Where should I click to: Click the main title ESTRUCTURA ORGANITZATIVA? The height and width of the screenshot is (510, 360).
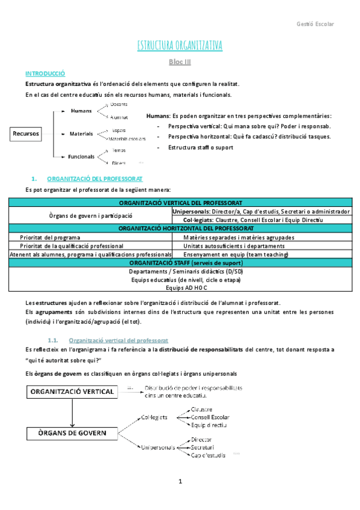[x=180, y=46]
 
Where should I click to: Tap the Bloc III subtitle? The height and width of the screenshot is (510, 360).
[x=180, y=61]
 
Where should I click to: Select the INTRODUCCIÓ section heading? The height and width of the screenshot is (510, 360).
[x=44, y=73]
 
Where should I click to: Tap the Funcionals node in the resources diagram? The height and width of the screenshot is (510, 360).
[x=81, y=156]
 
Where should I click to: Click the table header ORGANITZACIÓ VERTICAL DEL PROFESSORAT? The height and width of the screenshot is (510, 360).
[x=180, y=203]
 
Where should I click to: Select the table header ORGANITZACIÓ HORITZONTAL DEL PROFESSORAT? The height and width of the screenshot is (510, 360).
[x=180, y=229]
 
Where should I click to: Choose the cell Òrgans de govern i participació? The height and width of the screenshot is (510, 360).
[x=90, y=215]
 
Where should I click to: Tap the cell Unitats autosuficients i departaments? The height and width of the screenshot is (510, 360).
[x=230, y=245]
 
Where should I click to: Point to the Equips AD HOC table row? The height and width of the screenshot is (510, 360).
[x=180, y=287]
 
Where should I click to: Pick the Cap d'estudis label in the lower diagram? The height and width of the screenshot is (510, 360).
[x=208, y=455]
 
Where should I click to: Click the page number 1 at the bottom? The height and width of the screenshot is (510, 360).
[x=180, y=482]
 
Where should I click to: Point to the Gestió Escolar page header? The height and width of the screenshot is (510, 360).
[x=315, y=24]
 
